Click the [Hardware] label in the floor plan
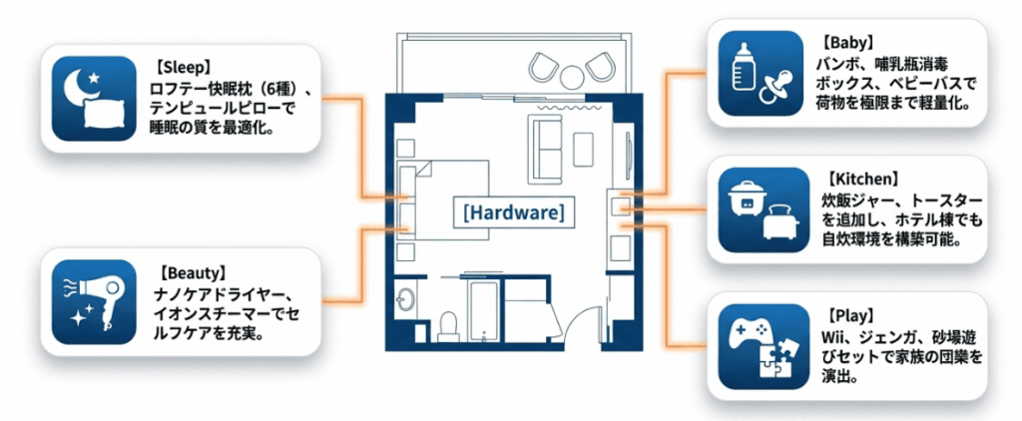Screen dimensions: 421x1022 pos(513,211)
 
